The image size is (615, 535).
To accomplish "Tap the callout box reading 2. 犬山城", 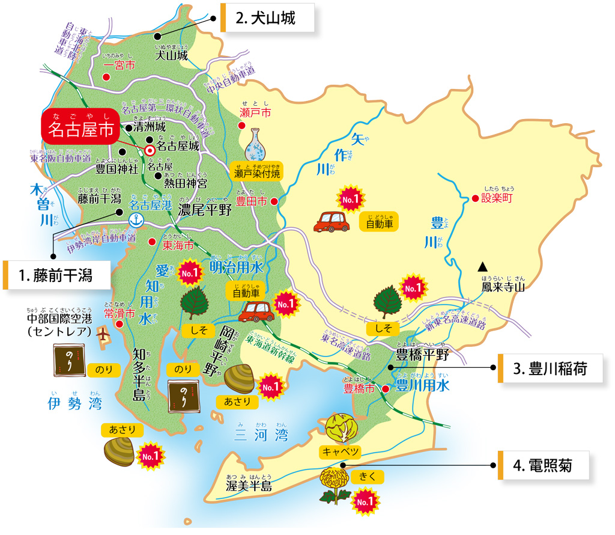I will (x=268, y=18).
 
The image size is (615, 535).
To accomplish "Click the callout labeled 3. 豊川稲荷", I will (x=550, y=368).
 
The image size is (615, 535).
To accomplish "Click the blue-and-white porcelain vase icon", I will (x=257, y=146).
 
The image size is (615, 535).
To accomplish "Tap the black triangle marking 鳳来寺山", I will (x=482, y=266).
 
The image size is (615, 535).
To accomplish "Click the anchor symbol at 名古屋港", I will (x=136, y=220).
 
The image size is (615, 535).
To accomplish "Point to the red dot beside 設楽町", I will (x=475, y=198).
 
